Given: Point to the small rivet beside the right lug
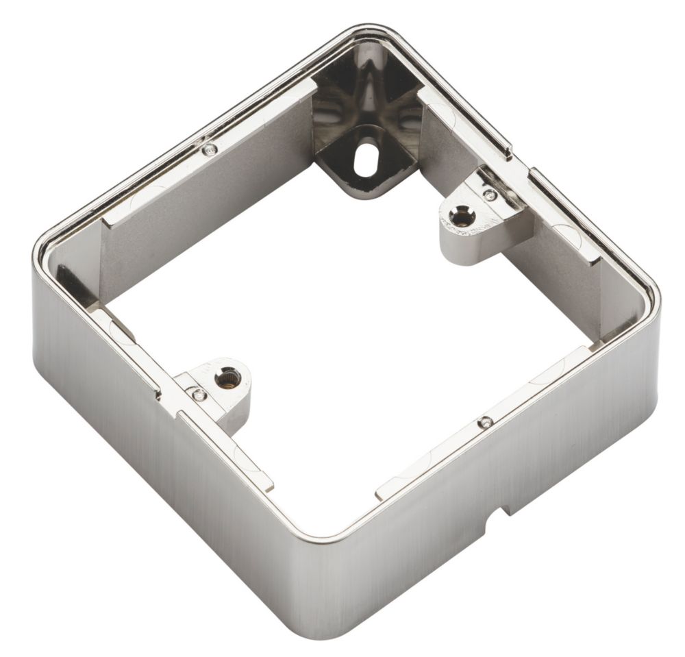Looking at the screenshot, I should (489, 195).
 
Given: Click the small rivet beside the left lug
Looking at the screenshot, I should (199, 394).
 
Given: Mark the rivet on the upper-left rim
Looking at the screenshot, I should (210, 149).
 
